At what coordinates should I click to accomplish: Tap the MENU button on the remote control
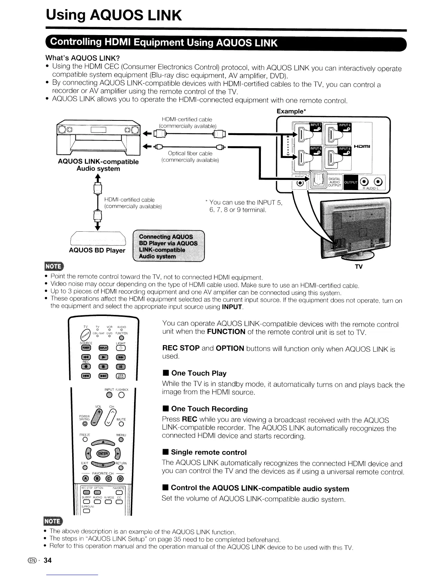pos(121,440)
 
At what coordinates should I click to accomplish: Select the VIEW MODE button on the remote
pos(120,377)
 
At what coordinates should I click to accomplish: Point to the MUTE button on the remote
pos(121,424)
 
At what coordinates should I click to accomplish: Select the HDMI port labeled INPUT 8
pos(333,158)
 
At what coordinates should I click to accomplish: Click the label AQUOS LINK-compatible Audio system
pos(98,165)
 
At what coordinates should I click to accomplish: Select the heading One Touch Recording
pos(209,409)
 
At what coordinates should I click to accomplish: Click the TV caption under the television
pos(359,266)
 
